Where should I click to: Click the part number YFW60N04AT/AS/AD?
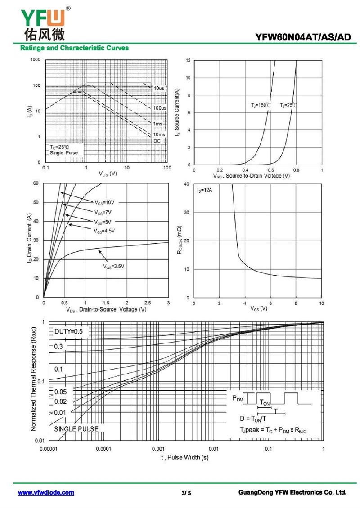pos(303,38)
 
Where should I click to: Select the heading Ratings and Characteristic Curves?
pos(74,48)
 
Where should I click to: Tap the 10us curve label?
pos(159,89)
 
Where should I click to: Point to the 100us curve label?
pos(159,108)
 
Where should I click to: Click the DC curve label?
pos(157,141)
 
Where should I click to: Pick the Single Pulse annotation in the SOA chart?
pos(63,153)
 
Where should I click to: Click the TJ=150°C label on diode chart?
pos(261,105)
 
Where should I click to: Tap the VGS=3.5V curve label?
pos(113,267)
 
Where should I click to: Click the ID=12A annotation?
pos(205,191)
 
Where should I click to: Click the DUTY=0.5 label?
pos(68,331)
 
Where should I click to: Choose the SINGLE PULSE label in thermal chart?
pos(76,429)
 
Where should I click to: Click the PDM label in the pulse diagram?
pos(237,398)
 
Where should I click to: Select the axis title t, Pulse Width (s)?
pos(185,458)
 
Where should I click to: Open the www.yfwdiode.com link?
pos(46,493)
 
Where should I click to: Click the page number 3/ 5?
pos(186,493)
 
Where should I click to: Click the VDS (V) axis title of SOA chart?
pos(108,174)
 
